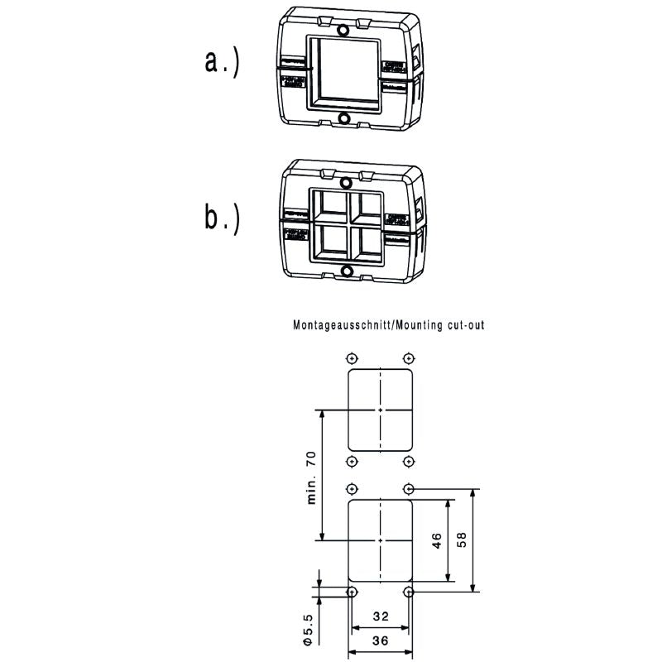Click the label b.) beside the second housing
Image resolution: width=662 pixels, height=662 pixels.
click(x=222, y=217)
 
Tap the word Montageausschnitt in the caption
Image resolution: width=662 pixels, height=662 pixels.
click(x=343, y=325)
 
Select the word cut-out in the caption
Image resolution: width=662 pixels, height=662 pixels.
click(x=464, y=325)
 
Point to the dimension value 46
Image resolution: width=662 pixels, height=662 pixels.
click(x=436, y=540)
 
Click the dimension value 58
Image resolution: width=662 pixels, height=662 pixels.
click(x=462, y=540)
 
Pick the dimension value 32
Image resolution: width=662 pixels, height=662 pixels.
click(x=380, y=616)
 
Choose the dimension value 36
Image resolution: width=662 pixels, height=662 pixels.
click(x=380, y=640)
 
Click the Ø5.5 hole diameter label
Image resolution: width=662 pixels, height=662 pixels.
click(x=307, y=628)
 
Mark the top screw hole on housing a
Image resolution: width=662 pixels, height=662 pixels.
click(x=344, y=31)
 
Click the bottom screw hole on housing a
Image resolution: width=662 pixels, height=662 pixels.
click(x=344, y=119)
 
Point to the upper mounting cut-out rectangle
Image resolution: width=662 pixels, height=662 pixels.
click(x=380, y=409)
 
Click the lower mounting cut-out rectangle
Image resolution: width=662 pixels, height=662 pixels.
click(x=380, y=540)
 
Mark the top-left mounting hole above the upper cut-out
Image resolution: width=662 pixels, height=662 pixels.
click(x=352, y=357)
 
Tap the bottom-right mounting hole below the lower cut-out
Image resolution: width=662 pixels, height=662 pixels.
click(x=408, y=592)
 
